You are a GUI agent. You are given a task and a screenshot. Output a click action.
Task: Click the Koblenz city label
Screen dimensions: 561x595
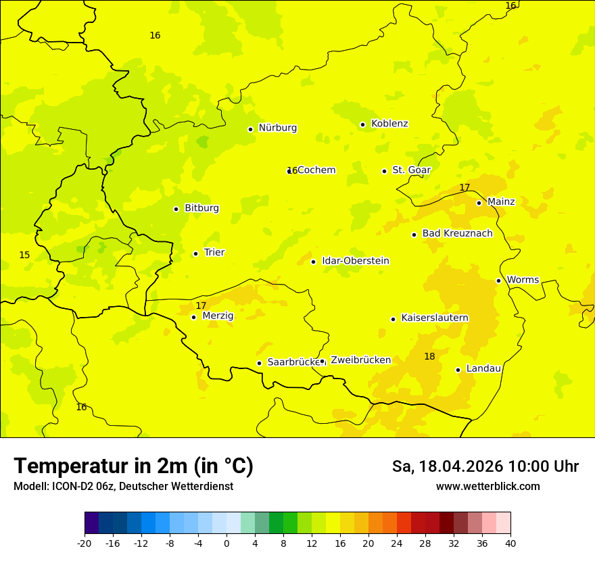389,124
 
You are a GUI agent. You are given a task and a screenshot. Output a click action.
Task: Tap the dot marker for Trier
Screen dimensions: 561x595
195,253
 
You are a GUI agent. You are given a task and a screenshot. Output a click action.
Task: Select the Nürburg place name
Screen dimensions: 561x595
277,128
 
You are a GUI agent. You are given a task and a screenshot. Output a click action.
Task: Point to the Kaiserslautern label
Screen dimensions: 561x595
435,318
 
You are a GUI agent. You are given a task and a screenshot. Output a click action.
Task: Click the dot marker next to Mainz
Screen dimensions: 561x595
479,203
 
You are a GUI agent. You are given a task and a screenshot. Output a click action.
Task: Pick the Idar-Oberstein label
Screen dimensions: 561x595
355,261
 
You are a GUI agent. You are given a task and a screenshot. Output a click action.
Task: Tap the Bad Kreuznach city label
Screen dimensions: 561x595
457,234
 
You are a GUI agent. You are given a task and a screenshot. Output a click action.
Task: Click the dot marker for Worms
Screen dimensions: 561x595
498,280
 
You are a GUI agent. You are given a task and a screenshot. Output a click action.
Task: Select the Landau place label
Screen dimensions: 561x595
483,369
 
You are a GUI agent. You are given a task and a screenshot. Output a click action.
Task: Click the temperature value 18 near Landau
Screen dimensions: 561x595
429,356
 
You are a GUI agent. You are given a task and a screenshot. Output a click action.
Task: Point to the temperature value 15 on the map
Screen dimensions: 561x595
24,255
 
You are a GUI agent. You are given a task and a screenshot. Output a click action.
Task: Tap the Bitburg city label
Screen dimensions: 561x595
201,208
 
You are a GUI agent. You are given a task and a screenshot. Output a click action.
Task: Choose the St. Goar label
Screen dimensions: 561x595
411,170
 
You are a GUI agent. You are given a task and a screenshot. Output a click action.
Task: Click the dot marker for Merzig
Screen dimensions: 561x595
193,317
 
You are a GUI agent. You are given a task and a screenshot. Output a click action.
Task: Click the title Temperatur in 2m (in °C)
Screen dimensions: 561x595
133,466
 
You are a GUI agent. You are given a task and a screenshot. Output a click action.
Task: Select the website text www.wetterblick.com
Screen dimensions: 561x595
487,487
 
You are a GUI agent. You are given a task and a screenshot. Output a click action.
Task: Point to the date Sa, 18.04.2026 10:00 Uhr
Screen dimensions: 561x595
485,466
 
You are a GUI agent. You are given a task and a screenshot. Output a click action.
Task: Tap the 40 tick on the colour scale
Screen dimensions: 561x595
510,543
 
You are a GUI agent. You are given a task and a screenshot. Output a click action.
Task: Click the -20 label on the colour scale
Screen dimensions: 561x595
85,543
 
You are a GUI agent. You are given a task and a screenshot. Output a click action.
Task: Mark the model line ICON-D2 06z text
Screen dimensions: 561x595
123,487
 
